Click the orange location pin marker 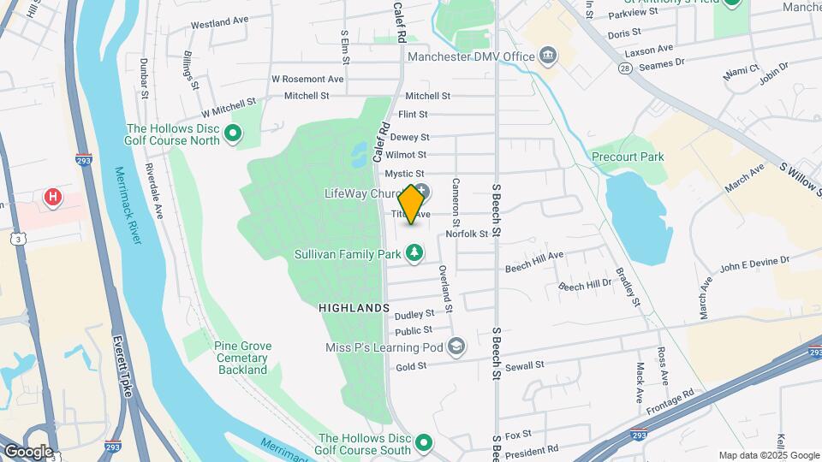click(412, 204)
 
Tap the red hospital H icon click(53, 198)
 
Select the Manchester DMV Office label click(471, 57)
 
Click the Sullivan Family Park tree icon click(414, 253)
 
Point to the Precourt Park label click(628, 157)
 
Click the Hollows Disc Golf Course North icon click(232, 133)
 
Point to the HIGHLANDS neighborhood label click(354, 307)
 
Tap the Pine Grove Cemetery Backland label click(242, 358)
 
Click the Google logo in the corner click(27, 452)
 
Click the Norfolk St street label click(467, 234)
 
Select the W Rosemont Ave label click(307, 79)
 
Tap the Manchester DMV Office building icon click(547, 56)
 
